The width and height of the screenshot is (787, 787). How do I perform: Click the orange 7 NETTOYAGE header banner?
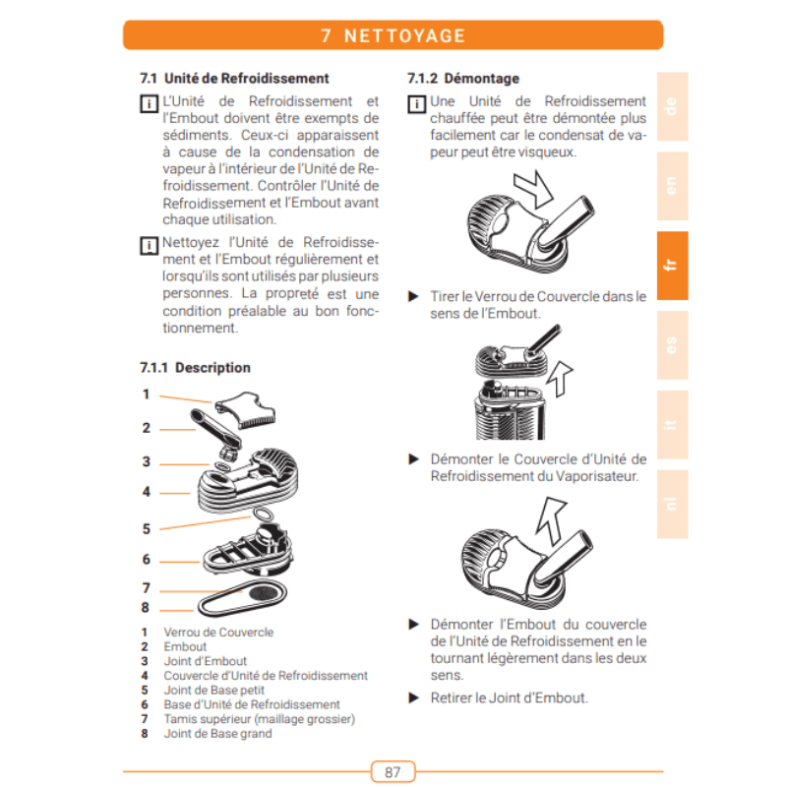[393, 35]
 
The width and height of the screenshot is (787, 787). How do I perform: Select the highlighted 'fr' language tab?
[672, 266]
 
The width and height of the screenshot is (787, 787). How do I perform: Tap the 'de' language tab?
[672, 106]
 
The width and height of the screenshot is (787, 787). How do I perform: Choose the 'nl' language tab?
[672, 504]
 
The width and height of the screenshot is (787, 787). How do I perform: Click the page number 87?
[393, 772]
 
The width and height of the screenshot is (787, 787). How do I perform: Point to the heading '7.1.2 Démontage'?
[463, 79]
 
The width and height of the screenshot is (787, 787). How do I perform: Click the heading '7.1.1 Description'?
[195, 368]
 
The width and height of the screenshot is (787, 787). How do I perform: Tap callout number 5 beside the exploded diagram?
[146, 529]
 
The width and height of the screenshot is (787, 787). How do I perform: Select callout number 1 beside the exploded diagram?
[146, 394]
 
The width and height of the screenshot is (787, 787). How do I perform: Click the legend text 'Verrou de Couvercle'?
[218, 632]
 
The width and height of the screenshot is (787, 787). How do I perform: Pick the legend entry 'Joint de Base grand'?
[217, 733]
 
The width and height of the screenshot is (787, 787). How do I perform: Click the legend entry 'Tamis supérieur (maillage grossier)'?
[260, 719]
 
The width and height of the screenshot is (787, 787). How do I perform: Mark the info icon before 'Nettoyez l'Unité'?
[149, 246]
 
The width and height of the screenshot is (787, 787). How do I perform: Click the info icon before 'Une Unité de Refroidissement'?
[416, 104]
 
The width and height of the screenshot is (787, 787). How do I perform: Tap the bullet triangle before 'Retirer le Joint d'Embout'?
[413, 697]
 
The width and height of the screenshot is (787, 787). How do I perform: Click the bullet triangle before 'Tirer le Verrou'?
[413, 296]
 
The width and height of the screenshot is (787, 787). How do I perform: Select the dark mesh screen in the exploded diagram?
[267, 593]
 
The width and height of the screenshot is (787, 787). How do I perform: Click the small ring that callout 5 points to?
[264, 515]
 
